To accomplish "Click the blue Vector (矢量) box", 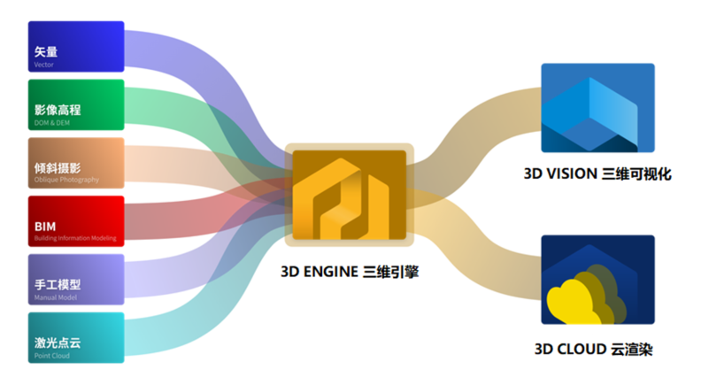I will click(76, 46).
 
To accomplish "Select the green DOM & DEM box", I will click(76, 104).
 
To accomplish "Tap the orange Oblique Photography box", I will click(76, 163).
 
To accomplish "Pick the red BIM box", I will click(76, 221).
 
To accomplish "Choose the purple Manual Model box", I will click(76, 280).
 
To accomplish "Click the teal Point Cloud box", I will click(76, 337).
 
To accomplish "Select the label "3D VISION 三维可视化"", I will click(597, 174).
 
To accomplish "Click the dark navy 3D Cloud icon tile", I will click(597, 281).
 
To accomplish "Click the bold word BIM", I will click(45, 227).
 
